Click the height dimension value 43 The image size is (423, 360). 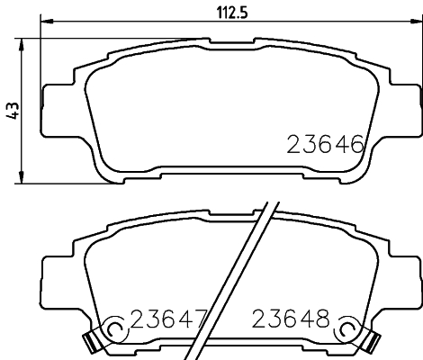(12, 111)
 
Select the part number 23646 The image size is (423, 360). (325, 144)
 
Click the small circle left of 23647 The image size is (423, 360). (114, 331)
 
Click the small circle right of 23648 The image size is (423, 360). (345, 331)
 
